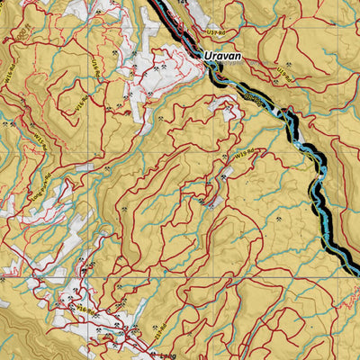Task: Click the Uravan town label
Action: pos(220,56)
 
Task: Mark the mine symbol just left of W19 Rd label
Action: pos(222,157)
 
